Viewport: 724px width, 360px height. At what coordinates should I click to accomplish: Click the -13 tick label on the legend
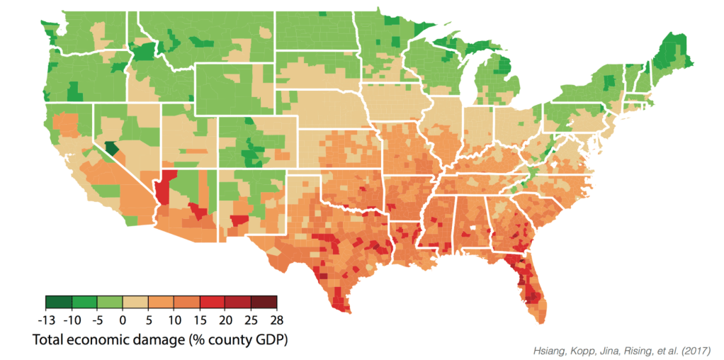(45, 318)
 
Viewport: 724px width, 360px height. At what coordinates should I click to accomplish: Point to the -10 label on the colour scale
(71, 318)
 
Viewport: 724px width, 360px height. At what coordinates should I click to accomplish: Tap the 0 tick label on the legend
(123, 318)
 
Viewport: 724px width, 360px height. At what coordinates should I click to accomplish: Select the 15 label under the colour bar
(200, 318)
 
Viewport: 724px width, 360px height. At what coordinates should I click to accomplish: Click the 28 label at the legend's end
(276, 318)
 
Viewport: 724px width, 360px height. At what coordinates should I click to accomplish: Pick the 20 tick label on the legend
(226, 318)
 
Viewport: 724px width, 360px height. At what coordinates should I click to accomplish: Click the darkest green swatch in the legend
(58, 303)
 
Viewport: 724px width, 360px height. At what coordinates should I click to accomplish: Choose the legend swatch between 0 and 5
(135, 303)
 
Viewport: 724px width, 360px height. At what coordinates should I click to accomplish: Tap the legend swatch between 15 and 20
(213, 303)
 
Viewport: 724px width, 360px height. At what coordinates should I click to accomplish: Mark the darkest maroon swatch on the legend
(264, 303)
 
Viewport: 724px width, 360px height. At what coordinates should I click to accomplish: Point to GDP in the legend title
(266, 339)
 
